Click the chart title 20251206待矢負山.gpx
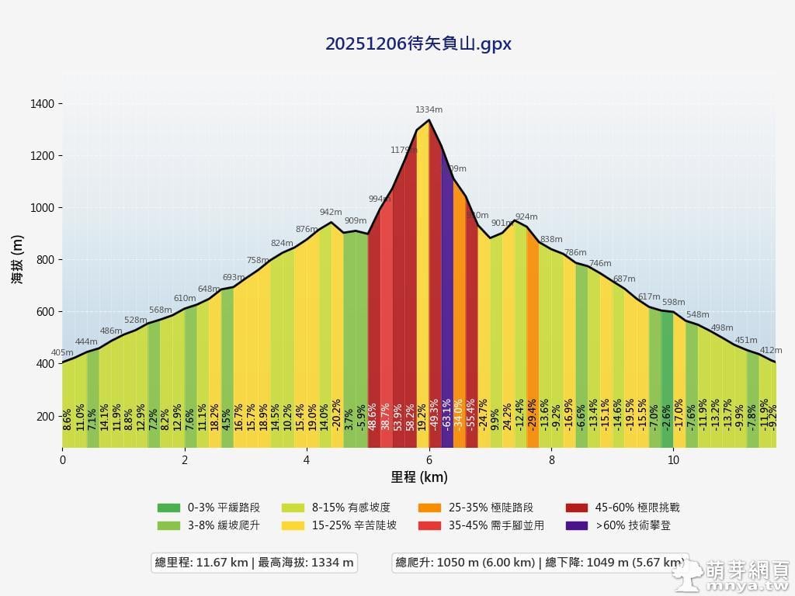coord(418,44)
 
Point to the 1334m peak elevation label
coord(429,110)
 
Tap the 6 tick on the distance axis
coord(429,459)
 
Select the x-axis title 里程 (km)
coord(419,476)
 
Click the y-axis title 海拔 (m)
coord(17,260)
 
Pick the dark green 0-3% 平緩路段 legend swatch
coord(168,508)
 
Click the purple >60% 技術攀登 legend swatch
coord(577,525)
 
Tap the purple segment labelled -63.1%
coord(447,310)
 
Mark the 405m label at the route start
coord(62,353)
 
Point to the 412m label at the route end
coord(771,351)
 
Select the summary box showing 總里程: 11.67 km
coord(255,563)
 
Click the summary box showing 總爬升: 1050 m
coord(540,563)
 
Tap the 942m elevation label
coord(331,212)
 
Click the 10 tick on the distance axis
coord(673,459)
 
